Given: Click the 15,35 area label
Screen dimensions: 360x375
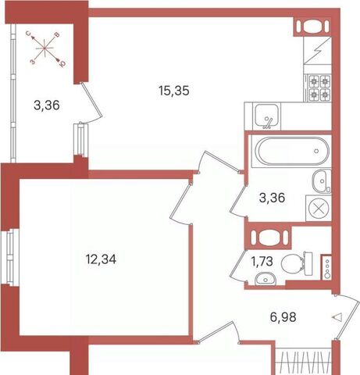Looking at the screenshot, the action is (174, 91).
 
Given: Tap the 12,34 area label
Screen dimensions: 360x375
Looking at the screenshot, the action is (101, 259).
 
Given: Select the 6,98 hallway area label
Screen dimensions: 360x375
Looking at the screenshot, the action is (283, 317).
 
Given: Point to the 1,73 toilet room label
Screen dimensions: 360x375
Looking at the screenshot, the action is (262, 261).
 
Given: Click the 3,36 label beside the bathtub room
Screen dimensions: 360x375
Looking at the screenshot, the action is (272, 198).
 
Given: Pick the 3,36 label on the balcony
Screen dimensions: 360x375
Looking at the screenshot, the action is (47, 105).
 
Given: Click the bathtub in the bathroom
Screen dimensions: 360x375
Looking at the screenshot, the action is (292, 151).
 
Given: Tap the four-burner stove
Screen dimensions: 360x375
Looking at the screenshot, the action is (319, 88).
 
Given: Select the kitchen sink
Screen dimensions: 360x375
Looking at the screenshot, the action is (267, 116).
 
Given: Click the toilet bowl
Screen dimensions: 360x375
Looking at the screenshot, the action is (294, 263).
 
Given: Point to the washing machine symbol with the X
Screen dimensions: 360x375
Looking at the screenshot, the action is (319, 209).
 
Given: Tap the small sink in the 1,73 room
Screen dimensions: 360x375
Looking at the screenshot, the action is (266, 279).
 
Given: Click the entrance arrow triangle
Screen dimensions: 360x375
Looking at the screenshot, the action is (337, 317).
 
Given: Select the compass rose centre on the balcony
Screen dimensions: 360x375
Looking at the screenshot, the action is (45, 48).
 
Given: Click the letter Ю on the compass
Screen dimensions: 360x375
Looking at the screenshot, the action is (62, 62).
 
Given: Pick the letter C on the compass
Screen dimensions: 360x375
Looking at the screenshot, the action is (30, 34).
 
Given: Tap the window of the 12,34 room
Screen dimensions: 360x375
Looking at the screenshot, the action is (9, 257).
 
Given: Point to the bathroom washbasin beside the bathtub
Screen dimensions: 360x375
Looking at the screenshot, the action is (322, 181).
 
